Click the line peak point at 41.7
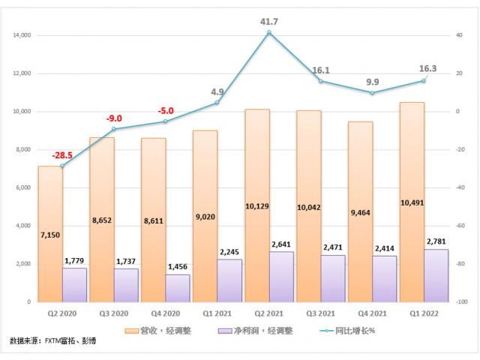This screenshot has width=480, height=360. tap(268, 32)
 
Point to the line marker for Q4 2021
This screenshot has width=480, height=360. tap(372, 93)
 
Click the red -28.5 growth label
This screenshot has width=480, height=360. tap(63, 155)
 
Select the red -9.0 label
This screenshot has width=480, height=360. tap(114, 118)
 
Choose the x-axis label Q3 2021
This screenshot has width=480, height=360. tap(320, 313)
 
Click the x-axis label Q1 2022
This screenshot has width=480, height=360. tap(424, 313)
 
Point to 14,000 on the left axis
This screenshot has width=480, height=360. tap(21, 35)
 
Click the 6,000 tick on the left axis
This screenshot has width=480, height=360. tap(22, 187)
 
